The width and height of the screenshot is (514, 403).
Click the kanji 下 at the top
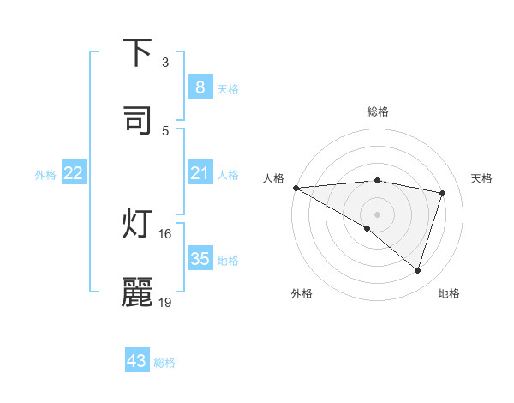coord(138,53)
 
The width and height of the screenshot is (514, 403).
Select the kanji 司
coord(138,119)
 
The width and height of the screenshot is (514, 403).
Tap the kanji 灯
coord(138,225)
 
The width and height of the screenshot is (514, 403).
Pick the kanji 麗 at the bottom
coord(138,292)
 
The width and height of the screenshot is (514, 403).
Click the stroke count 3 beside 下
coord(165,63)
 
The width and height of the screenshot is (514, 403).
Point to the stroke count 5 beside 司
coord(165,130)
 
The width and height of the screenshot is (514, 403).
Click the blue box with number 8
coord(200,87)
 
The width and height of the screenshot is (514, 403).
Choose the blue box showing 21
coord(200,174)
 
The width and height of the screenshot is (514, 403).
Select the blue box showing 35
coord(200,259)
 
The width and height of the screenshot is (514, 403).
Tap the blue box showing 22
coord(74,174)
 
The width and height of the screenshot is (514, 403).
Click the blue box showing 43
coord(137,361)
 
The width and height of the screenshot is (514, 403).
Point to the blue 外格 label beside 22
coord(45,175)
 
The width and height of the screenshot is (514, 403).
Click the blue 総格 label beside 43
coord(164,363)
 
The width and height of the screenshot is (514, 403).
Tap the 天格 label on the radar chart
coord(481,178)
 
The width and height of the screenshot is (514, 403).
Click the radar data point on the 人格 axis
coord(296,188)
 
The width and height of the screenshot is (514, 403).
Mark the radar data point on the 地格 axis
coord(417,270)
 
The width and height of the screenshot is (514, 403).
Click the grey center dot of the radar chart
coord(377,214)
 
